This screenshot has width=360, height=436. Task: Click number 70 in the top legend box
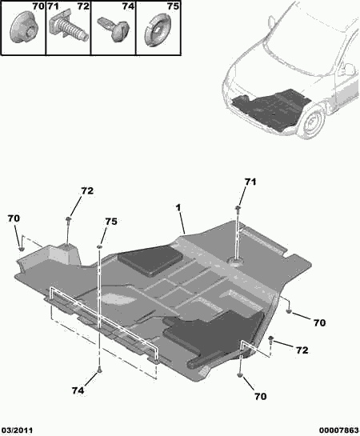[x=37, y=9]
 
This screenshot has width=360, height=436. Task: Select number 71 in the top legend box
[x=54, y=9]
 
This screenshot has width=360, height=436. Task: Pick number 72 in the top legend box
[x=83, y=9]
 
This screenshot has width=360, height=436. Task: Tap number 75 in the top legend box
[x=172, y=9]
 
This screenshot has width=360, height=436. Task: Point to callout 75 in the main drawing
[x=111, y=222]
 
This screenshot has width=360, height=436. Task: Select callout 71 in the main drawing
[x=250, y=183]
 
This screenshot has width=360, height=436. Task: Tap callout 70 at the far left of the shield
[x=14, y=218]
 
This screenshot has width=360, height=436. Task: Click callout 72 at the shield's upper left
[x=87, y=192]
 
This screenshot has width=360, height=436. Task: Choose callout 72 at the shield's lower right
[x=302, y=350]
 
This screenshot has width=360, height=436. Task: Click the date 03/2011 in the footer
[x=18, y=430]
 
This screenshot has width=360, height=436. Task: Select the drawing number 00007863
[x=338, y=430]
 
